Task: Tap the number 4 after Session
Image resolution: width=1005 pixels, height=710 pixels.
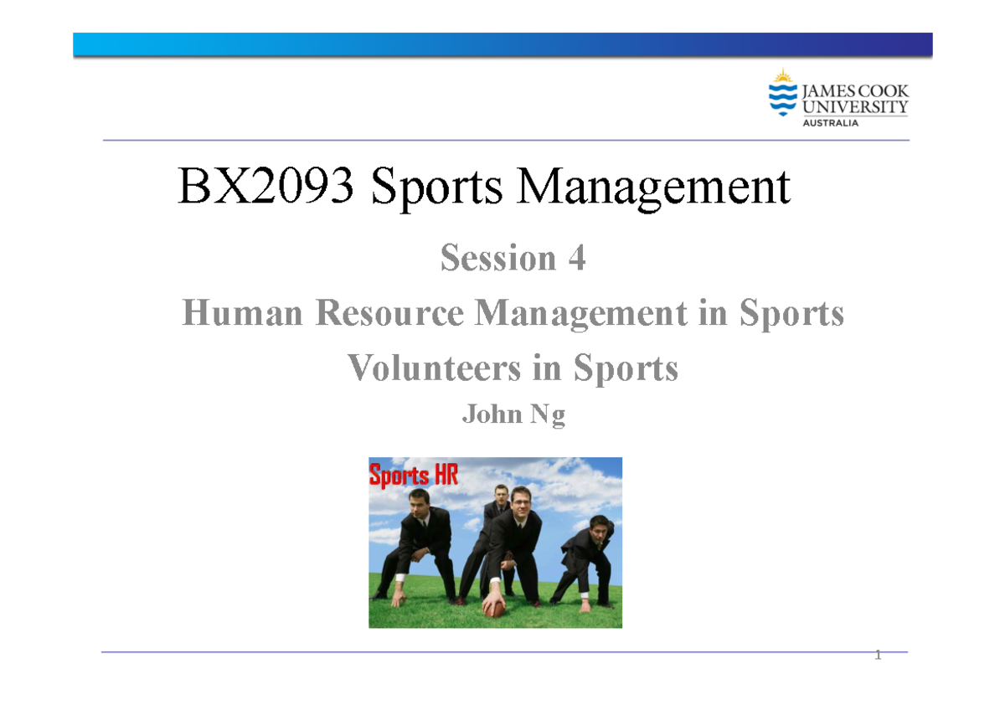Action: pos(575,259)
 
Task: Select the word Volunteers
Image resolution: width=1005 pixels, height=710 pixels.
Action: pos(434,368)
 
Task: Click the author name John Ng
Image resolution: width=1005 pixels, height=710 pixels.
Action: pos(513,415)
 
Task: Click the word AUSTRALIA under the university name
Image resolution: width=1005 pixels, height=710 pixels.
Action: pos(831,123)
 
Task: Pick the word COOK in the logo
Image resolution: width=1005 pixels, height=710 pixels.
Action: pos(879,90)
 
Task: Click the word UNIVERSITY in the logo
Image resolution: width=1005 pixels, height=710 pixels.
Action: pos(854,106)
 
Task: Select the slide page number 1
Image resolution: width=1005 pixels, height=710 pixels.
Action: pos(878,656)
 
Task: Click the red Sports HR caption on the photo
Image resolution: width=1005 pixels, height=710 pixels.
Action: pos(414,476)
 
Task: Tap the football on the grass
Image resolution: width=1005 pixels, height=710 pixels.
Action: pos(495,609)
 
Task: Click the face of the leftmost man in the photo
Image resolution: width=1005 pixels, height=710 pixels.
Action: pos(420,504)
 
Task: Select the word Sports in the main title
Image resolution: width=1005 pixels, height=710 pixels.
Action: pos(437,188)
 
